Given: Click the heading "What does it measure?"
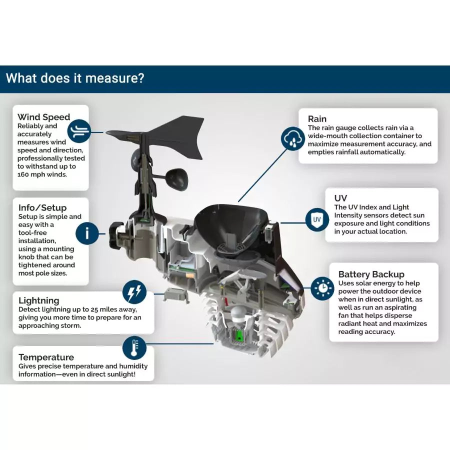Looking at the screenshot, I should click(75, 78).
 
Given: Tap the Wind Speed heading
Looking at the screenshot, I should click(44, 117).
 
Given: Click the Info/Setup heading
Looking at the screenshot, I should click(42, 207).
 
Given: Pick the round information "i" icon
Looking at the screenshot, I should click(87, 233).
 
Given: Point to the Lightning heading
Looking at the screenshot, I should click(39, 300).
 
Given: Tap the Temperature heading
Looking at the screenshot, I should click(46, 357).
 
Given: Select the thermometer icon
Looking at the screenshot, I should click(134, 347).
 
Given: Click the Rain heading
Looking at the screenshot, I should click(317, 119).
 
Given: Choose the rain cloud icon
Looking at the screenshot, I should click(292, 137).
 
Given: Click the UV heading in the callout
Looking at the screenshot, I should click(340, 198).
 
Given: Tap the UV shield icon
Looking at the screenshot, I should click(316, 219).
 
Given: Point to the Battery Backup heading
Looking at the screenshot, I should click(371, 274).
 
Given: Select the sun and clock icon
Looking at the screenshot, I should click(322, 288).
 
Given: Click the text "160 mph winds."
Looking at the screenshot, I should click(42, 174).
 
